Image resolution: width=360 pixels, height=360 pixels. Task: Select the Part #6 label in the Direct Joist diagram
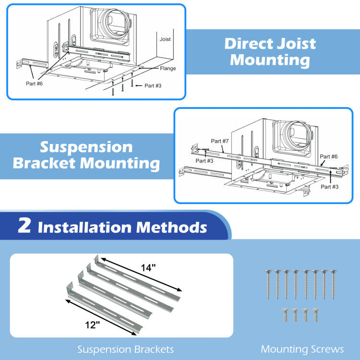click(x=34, y=83)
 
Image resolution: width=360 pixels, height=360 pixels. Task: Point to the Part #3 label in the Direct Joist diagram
click(x=152, y=86)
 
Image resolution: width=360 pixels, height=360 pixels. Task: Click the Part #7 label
click(x=219, y=141)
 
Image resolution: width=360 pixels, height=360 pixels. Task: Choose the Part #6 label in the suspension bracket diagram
click(x=328, y=156)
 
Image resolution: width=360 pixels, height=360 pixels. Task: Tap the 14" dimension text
click(x=149, y=268)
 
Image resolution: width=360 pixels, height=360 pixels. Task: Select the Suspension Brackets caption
click(x=126, y=349)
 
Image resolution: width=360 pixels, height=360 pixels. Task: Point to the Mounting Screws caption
click(x=302, y=349)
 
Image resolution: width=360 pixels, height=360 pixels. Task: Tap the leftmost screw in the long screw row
click(x=268, y=283)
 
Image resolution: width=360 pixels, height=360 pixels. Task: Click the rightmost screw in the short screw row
click(x=315, y=315)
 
